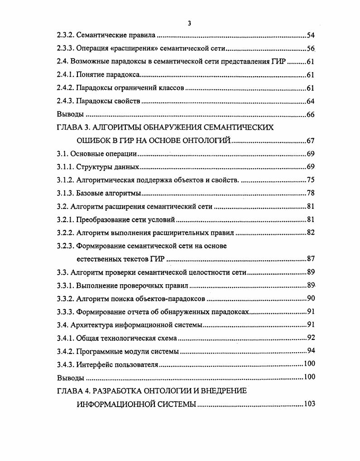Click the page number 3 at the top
(x=189, y=23)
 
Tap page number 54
(x=310, y=34)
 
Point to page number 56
(x=310, y=48)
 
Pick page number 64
(x=310, y=101)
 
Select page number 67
(x=310, y=141)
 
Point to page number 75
(x=310, y=180)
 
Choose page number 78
(x=310, y=193)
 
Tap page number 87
(x=310, y=259)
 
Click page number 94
(x=310, y=351)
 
